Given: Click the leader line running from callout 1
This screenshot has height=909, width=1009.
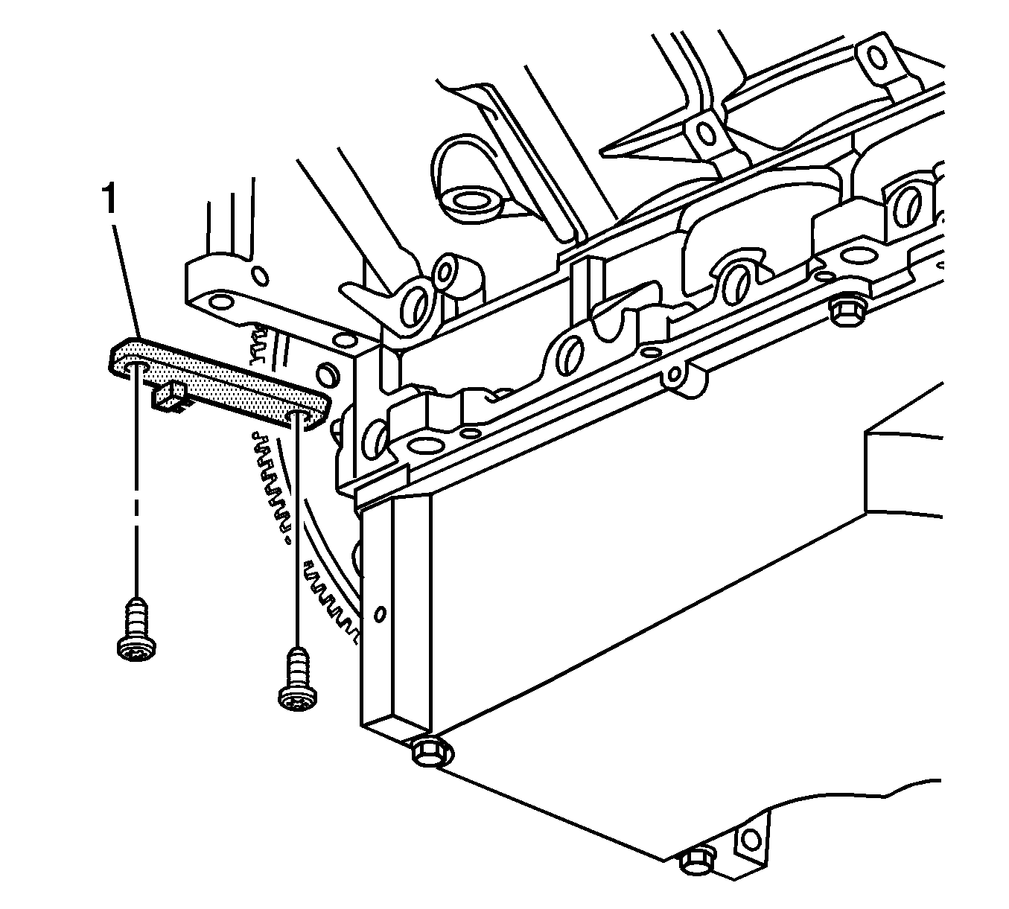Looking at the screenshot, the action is [x=127, y=282].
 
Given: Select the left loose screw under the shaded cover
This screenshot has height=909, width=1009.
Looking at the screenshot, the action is [x=136, y=628].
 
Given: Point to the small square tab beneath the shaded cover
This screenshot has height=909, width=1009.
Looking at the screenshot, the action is [x=171, y=398].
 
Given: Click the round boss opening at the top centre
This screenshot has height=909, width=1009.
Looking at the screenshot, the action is [x=471, y=199].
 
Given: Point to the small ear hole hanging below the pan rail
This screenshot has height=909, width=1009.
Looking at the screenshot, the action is [x=674, y=374].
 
